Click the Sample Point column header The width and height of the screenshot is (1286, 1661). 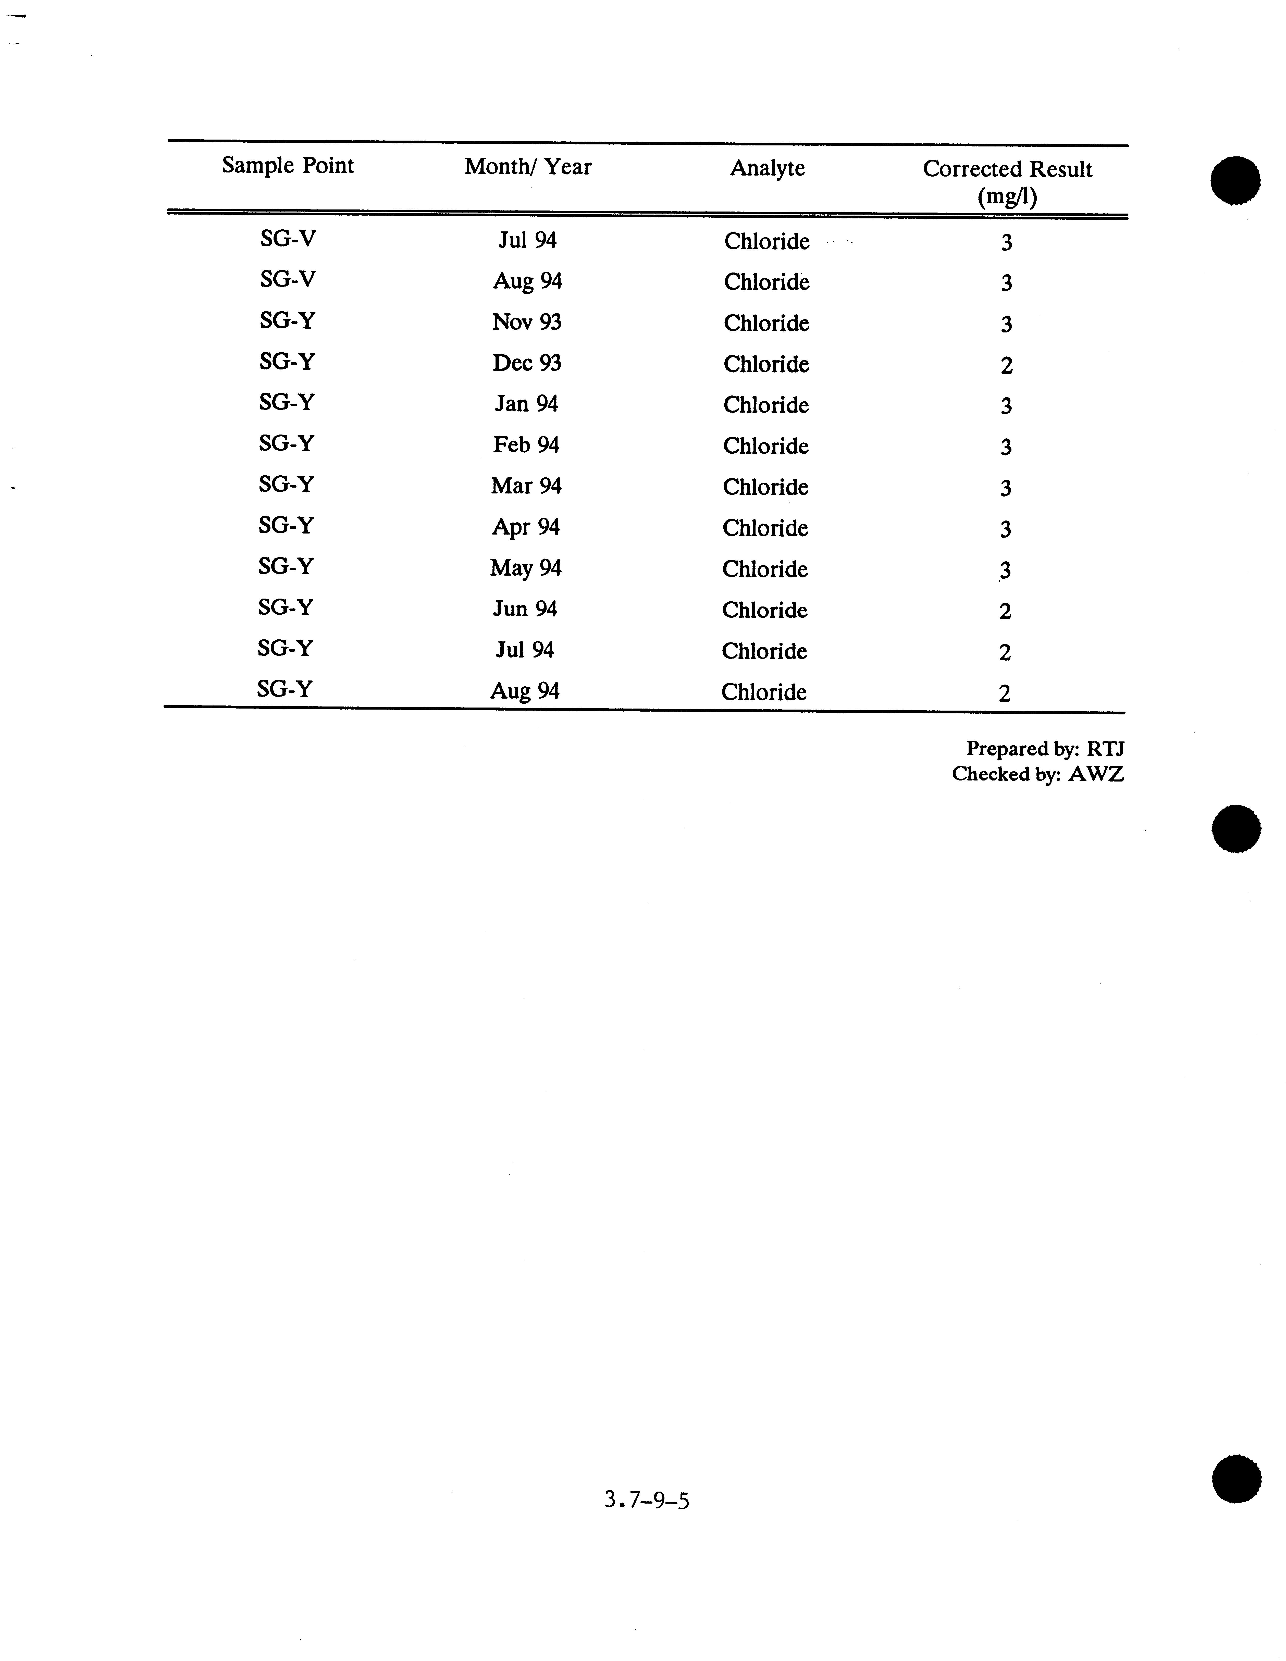(288, 166)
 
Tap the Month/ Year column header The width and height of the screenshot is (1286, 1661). (528, 167)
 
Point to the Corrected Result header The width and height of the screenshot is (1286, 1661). (1007, 170)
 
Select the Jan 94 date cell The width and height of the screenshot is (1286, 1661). (526, 404)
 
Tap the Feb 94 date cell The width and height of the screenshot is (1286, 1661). (526, 445)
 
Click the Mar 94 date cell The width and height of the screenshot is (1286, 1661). (526, 486)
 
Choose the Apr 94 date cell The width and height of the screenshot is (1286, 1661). (526, 527)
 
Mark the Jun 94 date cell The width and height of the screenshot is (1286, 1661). (525, 609)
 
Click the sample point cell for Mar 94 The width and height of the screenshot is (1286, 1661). (286, 485)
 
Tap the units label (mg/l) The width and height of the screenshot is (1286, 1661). (1007, 197)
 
